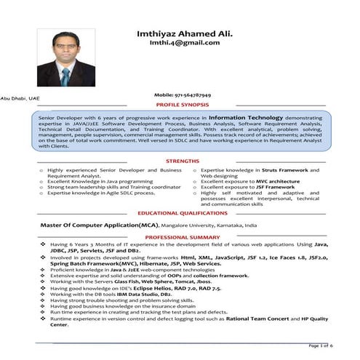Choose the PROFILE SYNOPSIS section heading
coord(182,105)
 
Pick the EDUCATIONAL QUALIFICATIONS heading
coord(183,213)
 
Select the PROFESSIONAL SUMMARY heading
coord(183,237)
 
